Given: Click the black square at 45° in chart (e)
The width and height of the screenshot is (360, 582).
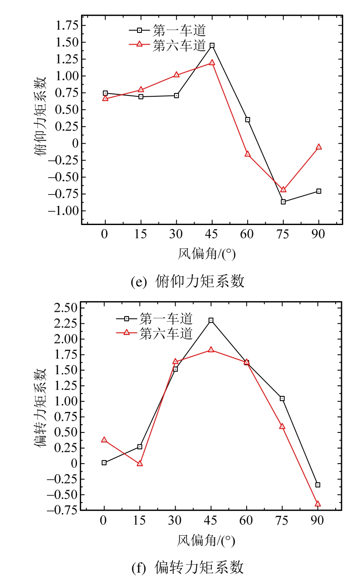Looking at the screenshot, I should pyautogui.click(x=212, y=46).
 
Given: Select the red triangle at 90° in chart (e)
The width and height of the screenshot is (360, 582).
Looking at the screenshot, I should pyautogui.click(x=319, y=147).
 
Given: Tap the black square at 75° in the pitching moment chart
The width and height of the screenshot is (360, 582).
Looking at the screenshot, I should pyautogui.click(x=283, y=202).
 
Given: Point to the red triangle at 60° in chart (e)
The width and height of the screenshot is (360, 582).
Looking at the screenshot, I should pyautogui.click(x=248, y=154).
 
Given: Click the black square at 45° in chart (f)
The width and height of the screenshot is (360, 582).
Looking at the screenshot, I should pyautogui.click(x=211, y=320).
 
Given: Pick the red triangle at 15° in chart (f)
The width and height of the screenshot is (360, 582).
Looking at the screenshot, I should pyautogui.click(x=140, y=464).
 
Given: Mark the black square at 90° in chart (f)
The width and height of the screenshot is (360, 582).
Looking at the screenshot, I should pyautogui.click(x=318, y=485).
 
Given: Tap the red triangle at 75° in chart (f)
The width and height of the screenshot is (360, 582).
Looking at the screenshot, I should pyautogui.click(x=282, y=426).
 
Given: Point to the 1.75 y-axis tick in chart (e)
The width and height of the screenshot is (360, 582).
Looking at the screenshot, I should pyautogui.click(x=67, y=26).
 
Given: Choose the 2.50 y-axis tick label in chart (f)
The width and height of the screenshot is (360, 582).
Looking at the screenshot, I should pyautogui.click(x=65, y=308).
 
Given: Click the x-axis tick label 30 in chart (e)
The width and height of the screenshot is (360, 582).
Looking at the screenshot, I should pyautogui.click(x=176, y=234).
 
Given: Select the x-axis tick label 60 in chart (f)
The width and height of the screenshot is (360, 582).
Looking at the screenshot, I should pyautogui.click(x=246, y=521).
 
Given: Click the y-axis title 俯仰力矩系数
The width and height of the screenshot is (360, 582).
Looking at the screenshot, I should pyautogui.click(x=40, y=116).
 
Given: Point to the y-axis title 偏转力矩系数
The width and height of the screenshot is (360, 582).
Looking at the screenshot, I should pyautogui.click(x=40, y=408).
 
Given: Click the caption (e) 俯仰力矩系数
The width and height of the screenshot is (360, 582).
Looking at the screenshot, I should pyautogui.click(x=188, y=282).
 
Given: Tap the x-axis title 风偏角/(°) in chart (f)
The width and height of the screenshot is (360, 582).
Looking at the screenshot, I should pyautogui.click(x=206, y=541).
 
